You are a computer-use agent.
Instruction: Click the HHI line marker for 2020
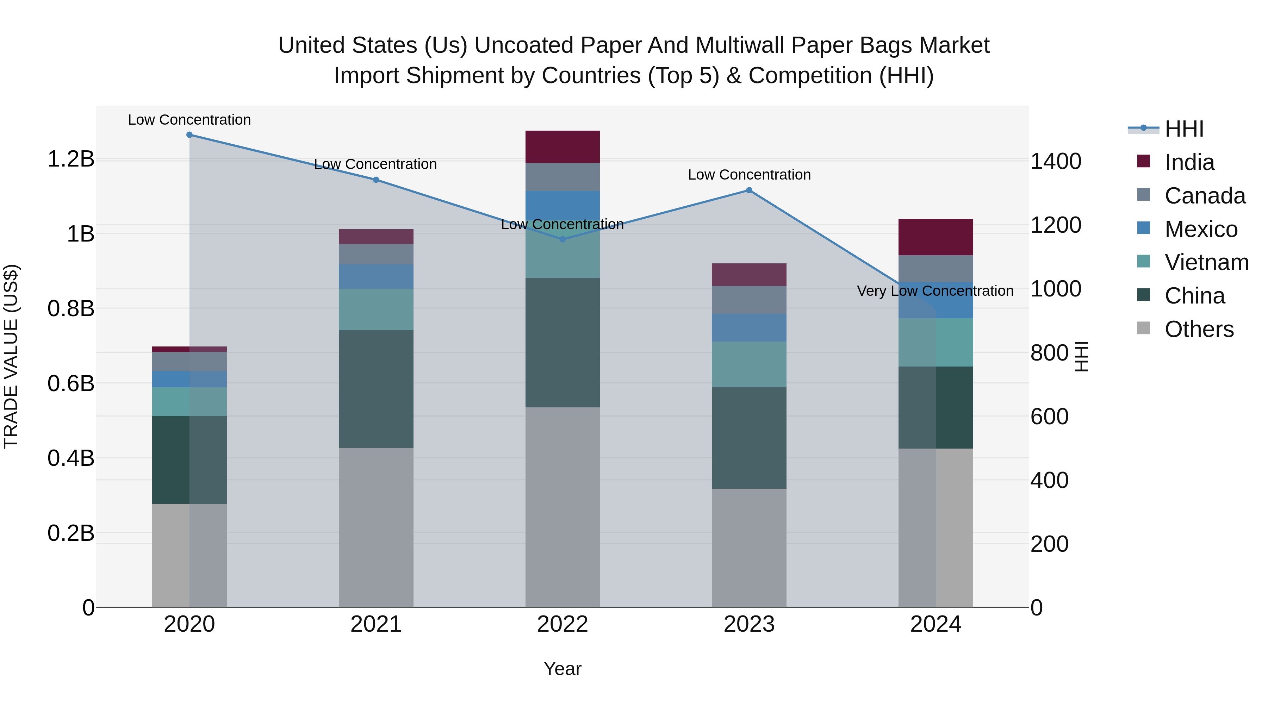click(x=189, y=135)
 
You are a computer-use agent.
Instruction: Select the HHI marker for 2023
click(x=749, y=190)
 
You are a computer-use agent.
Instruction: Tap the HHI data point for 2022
click(x=562, y=240)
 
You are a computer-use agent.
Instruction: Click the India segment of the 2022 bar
click(x=562, y=146)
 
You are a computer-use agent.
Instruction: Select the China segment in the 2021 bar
click(x=376, y=389)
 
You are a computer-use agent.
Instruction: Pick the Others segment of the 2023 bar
click(x=749, y=547)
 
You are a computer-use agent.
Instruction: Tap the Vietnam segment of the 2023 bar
click(x=749, y=364)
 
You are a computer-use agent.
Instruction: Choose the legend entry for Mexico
click(x=1201, y=229)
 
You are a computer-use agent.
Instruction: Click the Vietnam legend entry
click(x=1206, y=262)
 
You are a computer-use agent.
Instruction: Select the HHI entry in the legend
click(x=1184, y=129)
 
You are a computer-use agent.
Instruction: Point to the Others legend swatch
click(x=1143, y=328)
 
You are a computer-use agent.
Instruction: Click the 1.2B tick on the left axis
click(x=71, y=159)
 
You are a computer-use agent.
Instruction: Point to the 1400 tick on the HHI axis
click(x=1056, y=161)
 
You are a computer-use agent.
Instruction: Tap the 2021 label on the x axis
click(x=376, y=624)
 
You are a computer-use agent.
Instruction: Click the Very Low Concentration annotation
click(x=935, y=291)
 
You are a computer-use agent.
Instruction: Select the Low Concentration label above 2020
click(x=189, y=120)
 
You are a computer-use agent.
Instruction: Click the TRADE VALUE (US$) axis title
click(x=11, y=356)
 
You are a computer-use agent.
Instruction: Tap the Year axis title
click(x=562, y=669)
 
